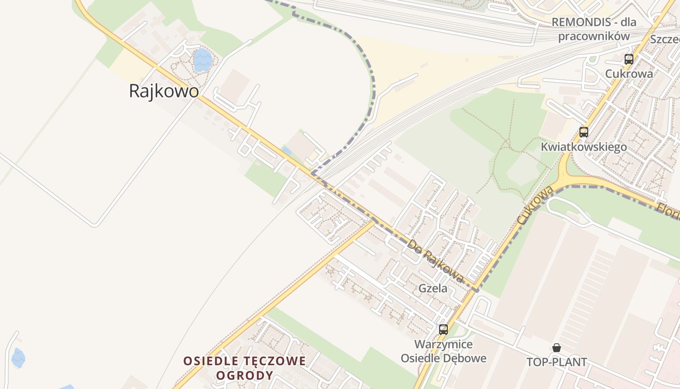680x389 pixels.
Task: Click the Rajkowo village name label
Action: tap(164, 91)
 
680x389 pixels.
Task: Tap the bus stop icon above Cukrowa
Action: tap(629, 59)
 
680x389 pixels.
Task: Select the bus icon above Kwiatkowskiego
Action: tap(584, 132)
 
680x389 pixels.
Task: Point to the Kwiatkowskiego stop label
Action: tap(584, 147)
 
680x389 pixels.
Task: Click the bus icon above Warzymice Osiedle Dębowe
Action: tap(443, 329)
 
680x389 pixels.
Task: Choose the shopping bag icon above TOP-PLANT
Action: tap(557, 348)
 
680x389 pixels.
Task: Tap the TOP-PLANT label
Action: tap(557, 362)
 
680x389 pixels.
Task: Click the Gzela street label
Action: tap(433, 288)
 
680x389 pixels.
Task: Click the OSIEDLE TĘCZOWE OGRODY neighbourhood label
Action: tap(245, 368)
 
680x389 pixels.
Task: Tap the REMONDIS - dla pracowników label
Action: tap(594, 29)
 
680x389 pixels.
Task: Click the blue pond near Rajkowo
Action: tap(203, 60)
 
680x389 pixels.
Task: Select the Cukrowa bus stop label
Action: tap(629, 74)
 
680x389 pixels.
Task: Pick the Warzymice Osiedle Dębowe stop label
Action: tap(443, 351)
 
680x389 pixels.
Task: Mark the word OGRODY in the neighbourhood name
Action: tap(245, 375)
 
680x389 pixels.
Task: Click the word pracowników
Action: tap(594, 36)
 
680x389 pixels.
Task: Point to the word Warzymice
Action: tap(443, 344)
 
